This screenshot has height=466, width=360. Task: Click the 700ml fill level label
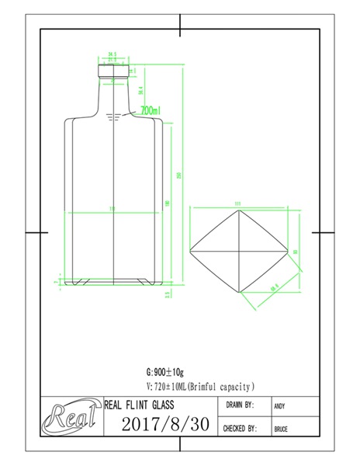[151, 112]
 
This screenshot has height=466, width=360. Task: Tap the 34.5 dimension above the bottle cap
[112, 54]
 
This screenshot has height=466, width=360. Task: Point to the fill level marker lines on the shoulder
[117, 117]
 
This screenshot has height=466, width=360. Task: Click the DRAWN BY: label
[240, 405]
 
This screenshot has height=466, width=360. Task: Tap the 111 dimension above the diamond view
[238, 204]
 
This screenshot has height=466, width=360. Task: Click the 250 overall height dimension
[179, 176]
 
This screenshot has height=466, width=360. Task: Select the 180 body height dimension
[168, 203]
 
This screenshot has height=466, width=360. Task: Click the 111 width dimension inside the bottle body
[113, 209]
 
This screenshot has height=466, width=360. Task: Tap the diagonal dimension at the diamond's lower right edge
[274, 288]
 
